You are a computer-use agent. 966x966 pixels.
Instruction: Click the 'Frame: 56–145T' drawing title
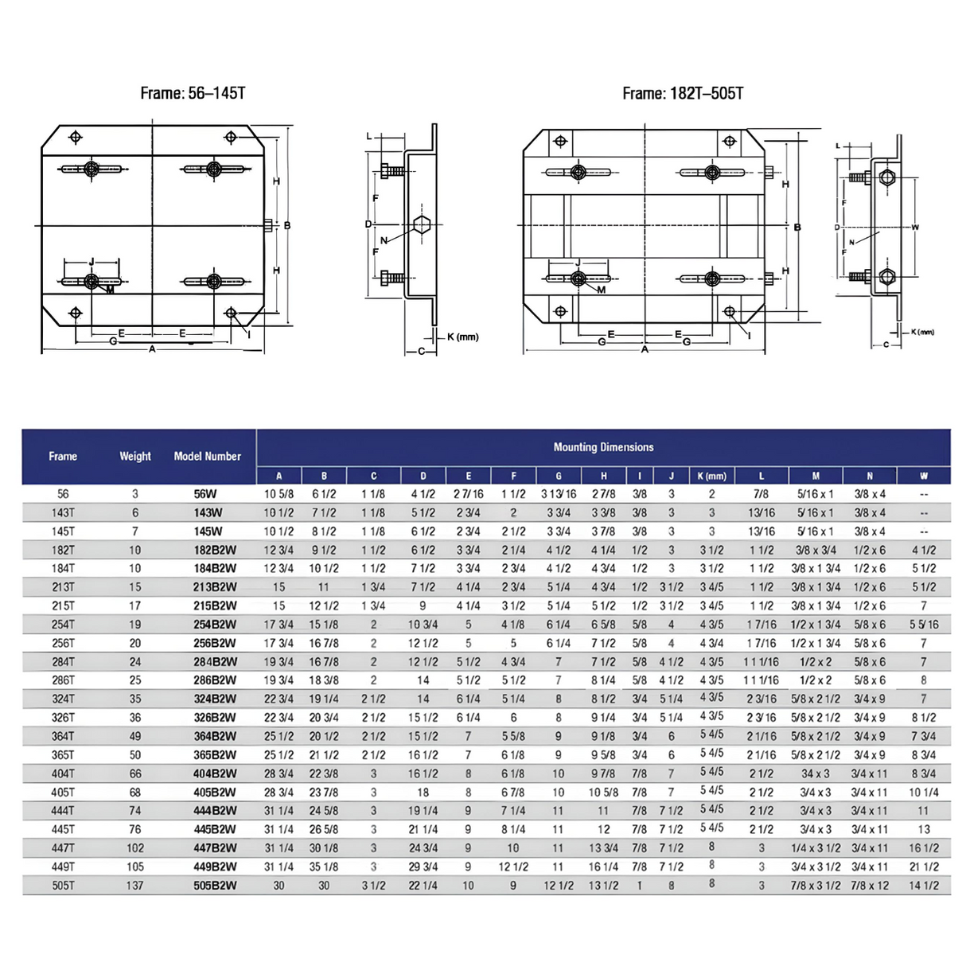193,93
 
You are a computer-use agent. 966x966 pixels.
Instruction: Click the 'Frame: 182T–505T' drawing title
683,93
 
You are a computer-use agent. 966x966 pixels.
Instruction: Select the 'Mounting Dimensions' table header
603,447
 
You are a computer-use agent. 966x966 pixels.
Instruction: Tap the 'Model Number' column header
207,456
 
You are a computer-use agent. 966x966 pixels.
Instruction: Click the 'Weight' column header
135,456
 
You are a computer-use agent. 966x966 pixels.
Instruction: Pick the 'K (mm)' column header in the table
711,476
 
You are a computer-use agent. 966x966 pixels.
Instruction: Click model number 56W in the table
205,494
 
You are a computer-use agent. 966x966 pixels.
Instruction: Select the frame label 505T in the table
63,886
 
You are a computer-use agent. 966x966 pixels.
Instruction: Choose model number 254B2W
215,625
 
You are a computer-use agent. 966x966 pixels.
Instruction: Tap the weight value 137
135,886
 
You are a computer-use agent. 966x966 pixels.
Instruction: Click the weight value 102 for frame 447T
135,848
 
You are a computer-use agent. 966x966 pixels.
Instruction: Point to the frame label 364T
63,736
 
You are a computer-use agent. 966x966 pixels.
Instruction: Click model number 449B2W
215,867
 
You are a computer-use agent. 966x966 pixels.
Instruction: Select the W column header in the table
923,476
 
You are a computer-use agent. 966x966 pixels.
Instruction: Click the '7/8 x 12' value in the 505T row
869,886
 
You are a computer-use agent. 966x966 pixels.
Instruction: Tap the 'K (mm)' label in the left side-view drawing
462,337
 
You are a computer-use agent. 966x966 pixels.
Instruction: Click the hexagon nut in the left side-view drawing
422,225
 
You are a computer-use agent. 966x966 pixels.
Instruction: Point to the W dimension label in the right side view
915,228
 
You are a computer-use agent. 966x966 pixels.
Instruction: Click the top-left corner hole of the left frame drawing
76,138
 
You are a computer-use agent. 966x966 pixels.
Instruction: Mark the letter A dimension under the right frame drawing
645,349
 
